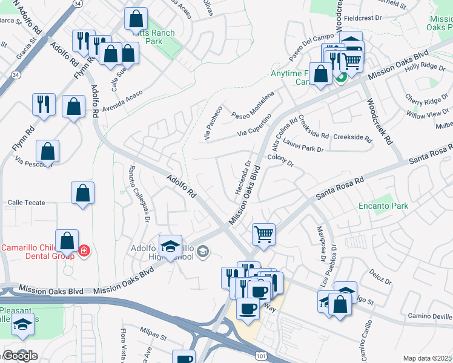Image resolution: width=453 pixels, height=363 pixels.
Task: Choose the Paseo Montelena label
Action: tap(253, 106)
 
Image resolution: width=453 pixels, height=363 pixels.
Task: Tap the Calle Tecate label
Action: tap(26, 203)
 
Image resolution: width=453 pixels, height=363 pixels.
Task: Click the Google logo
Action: tap(20, 356)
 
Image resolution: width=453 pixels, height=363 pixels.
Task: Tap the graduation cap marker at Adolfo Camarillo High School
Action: tap(171, 246)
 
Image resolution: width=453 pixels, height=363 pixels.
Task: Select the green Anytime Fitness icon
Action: tap(341, 77)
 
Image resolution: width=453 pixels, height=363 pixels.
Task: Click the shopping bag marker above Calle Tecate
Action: tap(83, 193)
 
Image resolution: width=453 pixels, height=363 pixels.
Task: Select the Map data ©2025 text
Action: tap(427, 358)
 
